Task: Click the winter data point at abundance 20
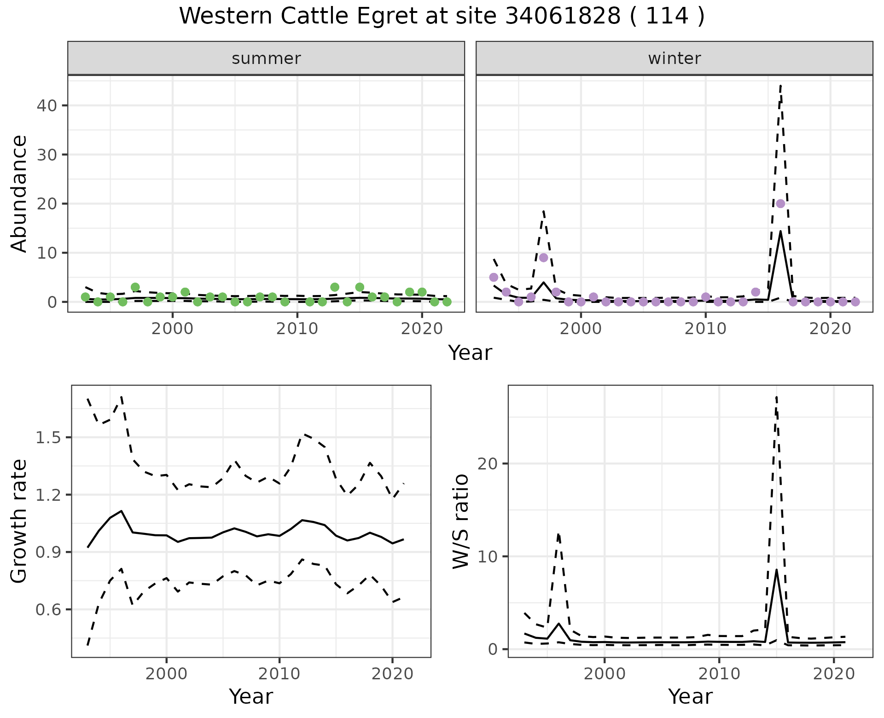coord(780,203)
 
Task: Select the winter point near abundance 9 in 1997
coord(543,258)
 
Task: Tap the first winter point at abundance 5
coord(494,277)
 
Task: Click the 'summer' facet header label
coord(266,58)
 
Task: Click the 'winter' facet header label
coord(674,58)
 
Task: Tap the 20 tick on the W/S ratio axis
coord(488,463)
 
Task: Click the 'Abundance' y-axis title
coord(19,193)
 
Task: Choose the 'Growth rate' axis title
coord(19,521)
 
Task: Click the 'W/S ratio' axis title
coord(460,521)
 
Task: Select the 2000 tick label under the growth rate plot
coord(166,674)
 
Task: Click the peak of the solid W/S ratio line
coord(776,570)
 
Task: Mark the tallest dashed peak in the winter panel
coord(780,86)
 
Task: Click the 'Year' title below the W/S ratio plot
coord(690,696)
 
